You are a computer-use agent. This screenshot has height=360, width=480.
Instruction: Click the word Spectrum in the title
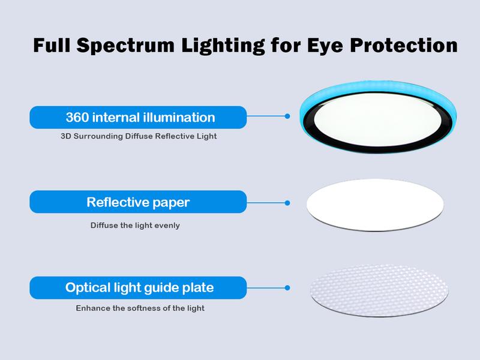tap(125, 46)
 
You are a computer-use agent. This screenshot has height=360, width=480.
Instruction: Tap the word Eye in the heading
tap(325, 46)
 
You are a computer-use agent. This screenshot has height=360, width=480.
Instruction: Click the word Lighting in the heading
tap(223, 46)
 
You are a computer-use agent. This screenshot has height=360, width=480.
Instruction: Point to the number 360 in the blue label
tap(77, 117)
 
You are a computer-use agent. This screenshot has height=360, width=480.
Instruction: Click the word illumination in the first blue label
tap(179, 117)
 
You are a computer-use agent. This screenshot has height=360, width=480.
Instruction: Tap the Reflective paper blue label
tap(138, 202)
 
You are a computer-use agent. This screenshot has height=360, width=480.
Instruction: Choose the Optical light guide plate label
tap(138, 287)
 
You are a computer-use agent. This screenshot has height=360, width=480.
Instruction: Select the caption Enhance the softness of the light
tap(140, 308)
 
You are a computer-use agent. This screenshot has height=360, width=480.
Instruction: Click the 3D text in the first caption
tap(66, 136)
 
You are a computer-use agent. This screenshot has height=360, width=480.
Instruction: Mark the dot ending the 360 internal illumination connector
tap(287, 116)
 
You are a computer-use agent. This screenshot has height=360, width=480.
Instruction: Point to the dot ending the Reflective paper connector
tap(287, 203)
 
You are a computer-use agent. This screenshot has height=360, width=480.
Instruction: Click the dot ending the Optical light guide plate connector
tap(287, 288)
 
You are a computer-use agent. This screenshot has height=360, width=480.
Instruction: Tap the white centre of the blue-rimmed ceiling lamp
tap(378, 119)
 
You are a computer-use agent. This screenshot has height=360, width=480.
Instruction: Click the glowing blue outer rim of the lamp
tap(378, 87)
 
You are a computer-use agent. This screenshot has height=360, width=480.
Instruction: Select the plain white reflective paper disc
tap(376, 205)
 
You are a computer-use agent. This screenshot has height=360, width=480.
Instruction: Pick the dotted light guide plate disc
tap(379, 290)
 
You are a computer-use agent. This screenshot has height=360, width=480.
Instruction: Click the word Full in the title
tap(52, 45)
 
